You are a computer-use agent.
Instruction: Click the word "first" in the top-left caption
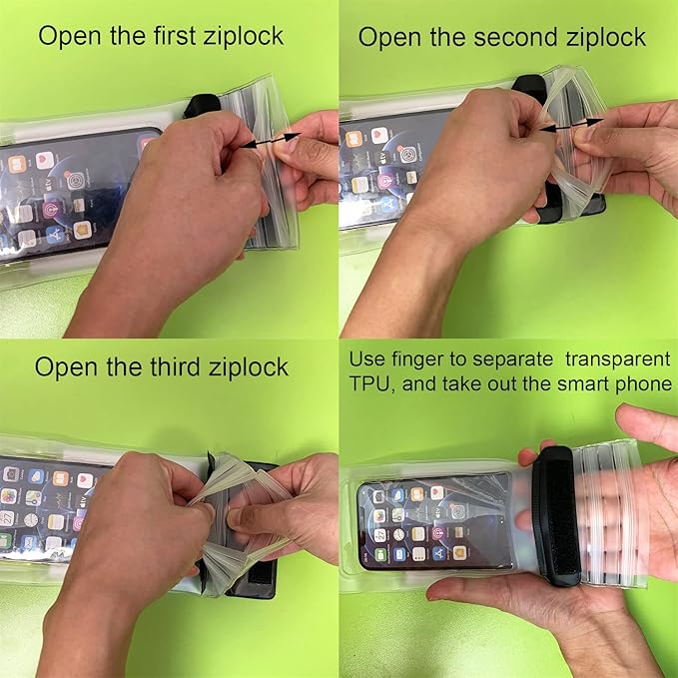point(175,36)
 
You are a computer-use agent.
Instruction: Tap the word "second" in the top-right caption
point(516,37)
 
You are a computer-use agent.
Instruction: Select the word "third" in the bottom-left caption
point(175,367)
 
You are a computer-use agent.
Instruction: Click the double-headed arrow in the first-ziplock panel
point(271,141)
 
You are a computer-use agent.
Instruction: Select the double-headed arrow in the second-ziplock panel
point(571,125)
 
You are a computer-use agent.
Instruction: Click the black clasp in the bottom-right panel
point(555,515)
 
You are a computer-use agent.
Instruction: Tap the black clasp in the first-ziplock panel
point(202,106)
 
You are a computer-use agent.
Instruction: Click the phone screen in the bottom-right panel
point(434,521)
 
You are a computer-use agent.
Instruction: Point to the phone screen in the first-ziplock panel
point(74,195)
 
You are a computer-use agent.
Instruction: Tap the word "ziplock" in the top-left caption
point(244,36)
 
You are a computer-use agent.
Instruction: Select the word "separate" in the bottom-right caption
point(513,360)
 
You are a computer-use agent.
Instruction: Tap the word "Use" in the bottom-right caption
point(366,359)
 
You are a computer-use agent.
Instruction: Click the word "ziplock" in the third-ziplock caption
point(249,368)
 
